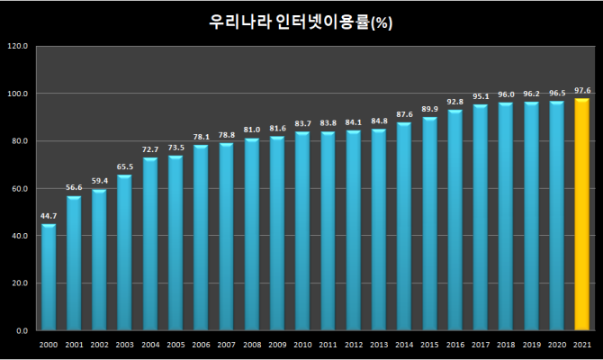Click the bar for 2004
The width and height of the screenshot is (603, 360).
149,244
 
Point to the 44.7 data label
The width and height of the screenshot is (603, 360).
48,216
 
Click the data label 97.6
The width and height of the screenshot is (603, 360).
582,91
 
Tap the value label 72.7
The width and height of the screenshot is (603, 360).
149,149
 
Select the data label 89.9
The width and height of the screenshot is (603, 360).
429,109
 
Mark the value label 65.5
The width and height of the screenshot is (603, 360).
124,166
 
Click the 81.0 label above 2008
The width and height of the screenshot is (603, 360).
251,130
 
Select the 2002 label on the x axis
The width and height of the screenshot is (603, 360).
99,345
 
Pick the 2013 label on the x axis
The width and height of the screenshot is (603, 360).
379,345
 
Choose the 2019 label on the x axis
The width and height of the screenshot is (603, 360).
531,345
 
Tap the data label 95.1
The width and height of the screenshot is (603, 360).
481,96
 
